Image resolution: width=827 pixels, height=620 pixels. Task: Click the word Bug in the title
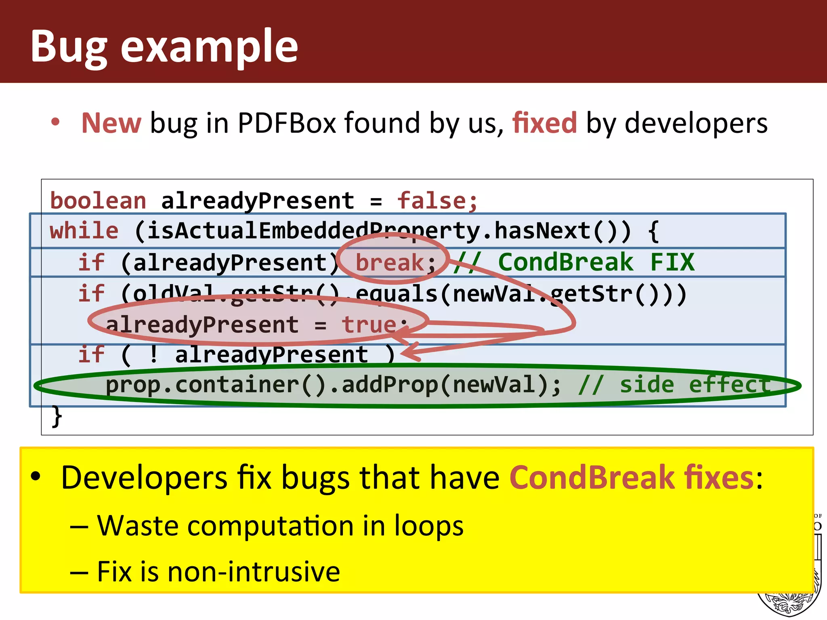pos(69,47)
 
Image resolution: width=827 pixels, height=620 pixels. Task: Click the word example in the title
pos(209,47)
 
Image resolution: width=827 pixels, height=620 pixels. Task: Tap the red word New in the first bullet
pos(111,123)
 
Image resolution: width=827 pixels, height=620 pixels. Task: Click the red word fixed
pos(544,123)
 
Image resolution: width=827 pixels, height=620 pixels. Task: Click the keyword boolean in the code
pos(98,201)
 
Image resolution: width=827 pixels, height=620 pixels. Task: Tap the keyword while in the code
pos(84,231)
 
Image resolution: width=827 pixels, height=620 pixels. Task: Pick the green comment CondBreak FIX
pos(596,262)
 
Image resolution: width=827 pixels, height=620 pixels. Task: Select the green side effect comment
pos(674,385)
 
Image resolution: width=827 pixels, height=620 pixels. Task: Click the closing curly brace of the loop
pos(57,416)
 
